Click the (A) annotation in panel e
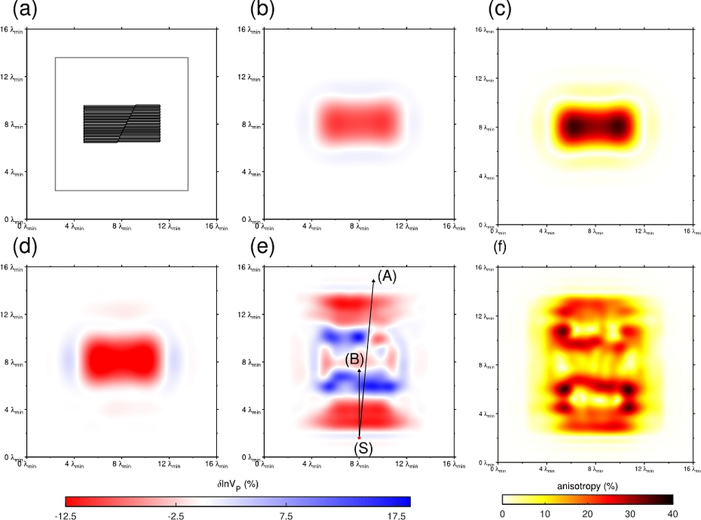[x=387, y=275]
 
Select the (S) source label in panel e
[x=363, y=449]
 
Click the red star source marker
[x=359, y=436]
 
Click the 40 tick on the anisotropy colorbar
[x=672, y=514]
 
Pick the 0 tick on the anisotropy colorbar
[x=503, y=514]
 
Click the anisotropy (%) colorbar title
[x=589, y=486]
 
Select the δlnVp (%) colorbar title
[x=238, y=485]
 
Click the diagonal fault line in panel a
[x=127, y=123]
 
